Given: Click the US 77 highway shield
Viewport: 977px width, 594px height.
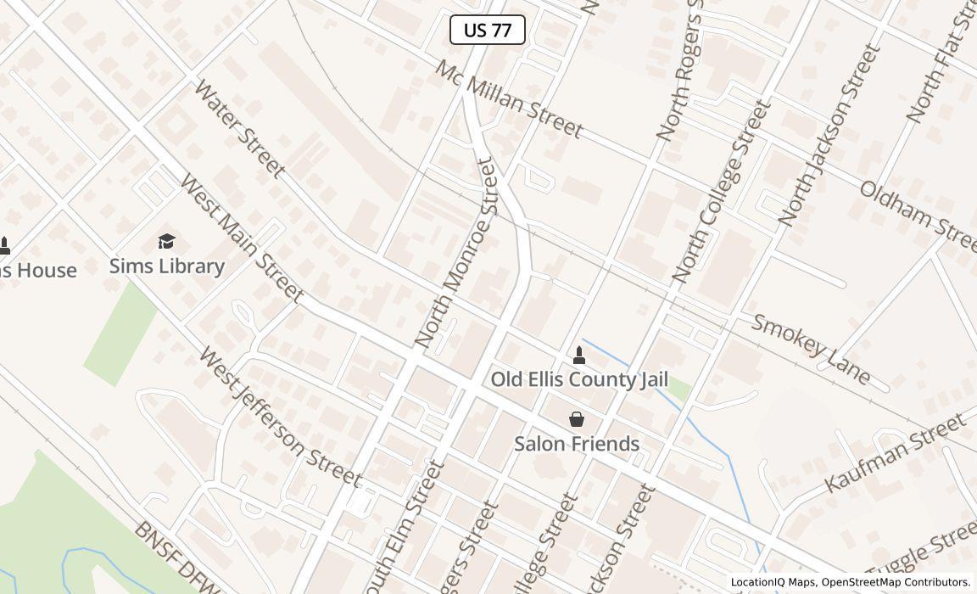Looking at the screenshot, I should (x=488, y=31).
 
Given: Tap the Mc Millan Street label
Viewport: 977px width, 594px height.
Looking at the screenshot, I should (x=509, y=99).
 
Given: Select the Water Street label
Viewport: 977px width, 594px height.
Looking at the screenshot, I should (x=238, y=128).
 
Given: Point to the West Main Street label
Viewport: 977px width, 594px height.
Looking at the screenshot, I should (x=241, y=238).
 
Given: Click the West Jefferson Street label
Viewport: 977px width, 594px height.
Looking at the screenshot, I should (x=280, y=416).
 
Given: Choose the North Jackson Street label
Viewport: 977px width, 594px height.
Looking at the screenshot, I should (x=825, y=136).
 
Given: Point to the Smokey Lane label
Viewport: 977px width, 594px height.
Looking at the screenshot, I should (x=811, y=349).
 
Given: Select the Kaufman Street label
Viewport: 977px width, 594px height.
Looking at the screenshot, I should (x=895, y=452).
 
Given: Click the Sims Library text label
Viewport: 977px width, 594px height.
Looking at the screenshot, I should (x=167, y=266).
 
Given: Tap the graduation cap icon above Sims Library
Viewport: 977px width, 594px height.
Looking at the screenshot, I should (x=167, y=242).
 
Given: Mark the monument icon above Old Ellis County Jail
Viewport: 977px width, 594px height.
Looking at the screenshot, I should (x=579, y=355).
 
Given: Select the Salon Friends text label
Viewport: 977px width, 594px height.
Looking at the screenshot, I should (x=577, y=444).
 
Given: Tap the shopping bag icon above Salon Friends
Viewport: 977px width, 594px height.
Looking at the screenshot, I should (x=577, y=419).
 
